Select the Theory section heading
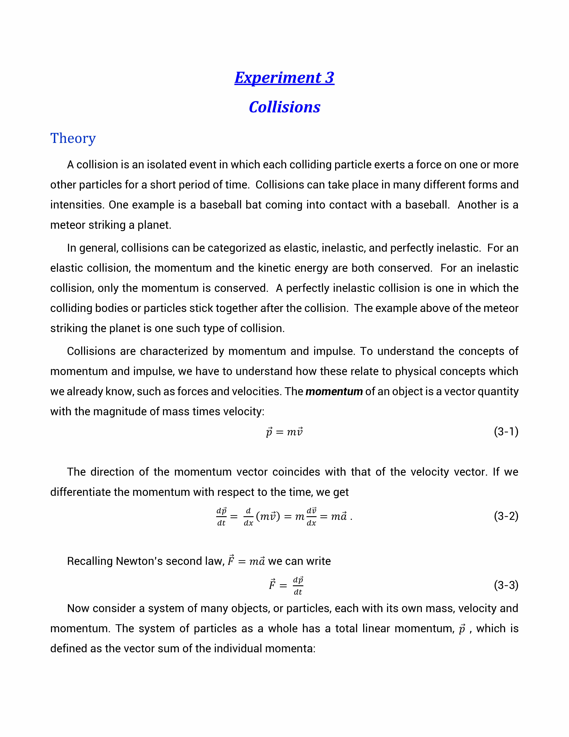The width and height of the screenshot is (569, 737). pos(73,138)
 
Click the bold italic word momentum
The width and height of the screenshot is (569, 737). pos(334,391)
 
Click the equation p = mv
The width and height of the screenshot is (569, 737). pos(284,432)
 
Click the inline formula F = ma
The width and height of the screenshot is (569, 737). pos(246,561)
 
